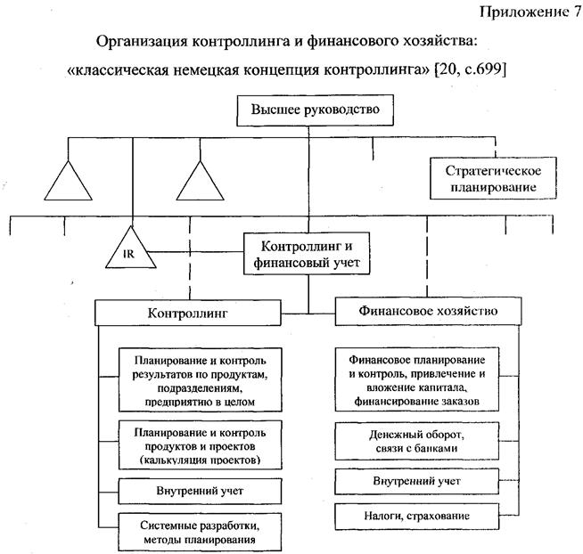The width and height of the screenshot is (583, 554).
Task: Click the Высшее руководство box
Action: pyautogui.click(x=309, y=111)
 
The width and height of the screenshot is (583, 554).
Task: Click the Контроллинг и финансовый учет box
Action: pyautogui.click(x=308, y=254)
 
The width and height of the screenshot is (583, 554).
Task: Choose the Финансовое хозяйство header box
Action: pyautogui.click(x=428, y=312)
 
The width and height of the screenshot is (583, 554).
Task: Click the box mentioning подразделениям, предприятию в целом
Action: pyautogui.click(x=198, y=382)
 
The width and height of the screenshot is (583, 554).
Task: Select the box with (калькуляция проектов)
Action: pyautogui.click(x=198, y=445)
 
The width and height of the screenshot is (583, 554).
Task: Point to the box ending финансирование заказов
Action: pyautogui.click(x=428, y=381)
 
